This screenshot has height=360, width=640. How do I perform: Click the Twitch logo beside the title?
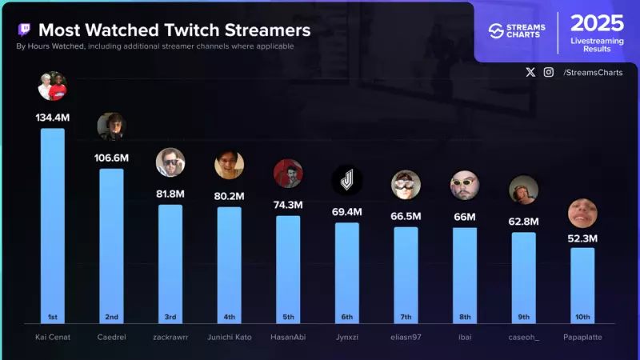click(x=25, y=30)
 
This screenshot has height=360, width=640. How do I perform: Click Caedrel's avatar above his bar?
click(x=111, y=126)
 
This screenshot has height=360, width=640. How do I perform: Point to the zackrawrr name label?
click(x=170, y=337)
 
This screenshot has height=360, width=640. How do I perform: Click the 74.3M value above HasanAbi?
click(x=288, y=205)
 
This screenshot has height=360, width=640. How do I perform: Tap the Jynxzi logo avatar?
click(x=347, y=181)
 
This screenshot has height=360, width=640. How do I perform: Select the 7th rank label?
click(x=406, y=316)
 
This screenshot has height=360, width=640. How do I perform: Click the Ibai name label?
click(x=465, y=337)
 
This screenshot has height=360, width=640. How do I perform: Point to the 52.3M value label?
click(x=582, y=238)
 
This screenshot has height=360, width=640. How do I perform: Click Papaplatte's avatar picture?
click(x=582, y=213)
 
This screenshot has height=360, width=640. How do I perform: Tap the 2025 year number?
click(x=597, y=22)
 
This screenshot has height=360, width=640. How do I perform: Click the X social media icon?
click(x=530, y=72)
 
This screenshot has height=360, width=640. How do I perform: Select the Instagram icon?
click(x=549, y=72)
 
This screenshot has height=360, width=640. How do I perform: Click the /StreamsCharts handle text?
click(x=593, y=73)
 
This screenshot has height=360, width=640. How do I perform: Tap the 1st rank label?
click(x=53, y=316)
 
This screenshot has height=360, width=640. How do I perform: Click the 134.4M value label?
click(x=53, y=117)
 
